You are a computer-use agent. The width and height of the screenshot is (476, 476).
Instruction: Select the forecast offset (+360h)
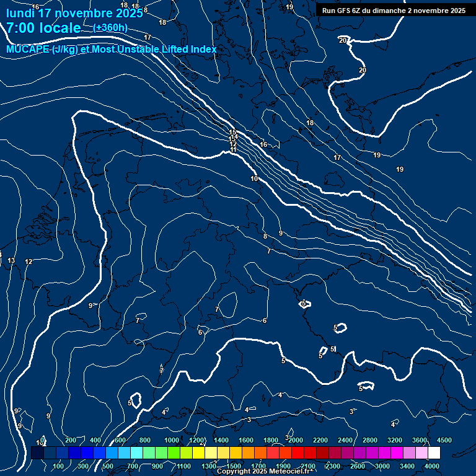(x=110, y=28)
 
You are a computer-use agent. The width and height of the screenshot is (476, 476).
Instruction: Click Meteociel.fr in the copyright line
(x=289, y=472)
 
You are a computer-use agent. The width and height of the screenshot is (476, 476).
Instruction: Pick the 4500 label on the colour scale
(x=444, y=440)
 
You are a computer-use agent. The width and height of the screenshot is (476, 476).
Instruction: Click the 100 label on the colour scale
(x=59, y=466)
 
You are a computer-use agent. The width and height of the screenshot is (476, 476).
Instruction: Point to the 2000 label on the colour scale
(x=296, y=440)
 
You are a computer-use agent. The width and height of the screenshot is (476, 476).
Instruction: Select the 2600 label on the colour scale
(x=358, y=466)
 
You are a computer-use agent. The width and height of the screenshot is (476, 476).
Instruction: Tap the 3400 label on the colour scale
(x=407, y=466)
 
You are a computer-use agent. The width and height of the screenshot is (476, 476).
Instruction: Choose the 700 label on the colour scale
(x=133, y=466)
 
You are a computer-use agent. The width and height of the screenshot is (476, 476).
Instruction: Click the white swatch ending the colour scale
(x=451, y=453)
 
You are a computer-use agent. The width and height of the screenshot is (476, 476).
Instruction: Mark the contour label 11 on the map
(x=234, y=149)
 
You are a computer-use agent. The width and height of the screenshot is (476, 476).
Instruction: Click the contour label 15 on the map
(x=232, y=132)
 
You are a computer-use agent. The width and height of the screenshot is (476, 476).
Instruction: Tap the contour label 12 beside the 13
(x=29, y=262)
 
